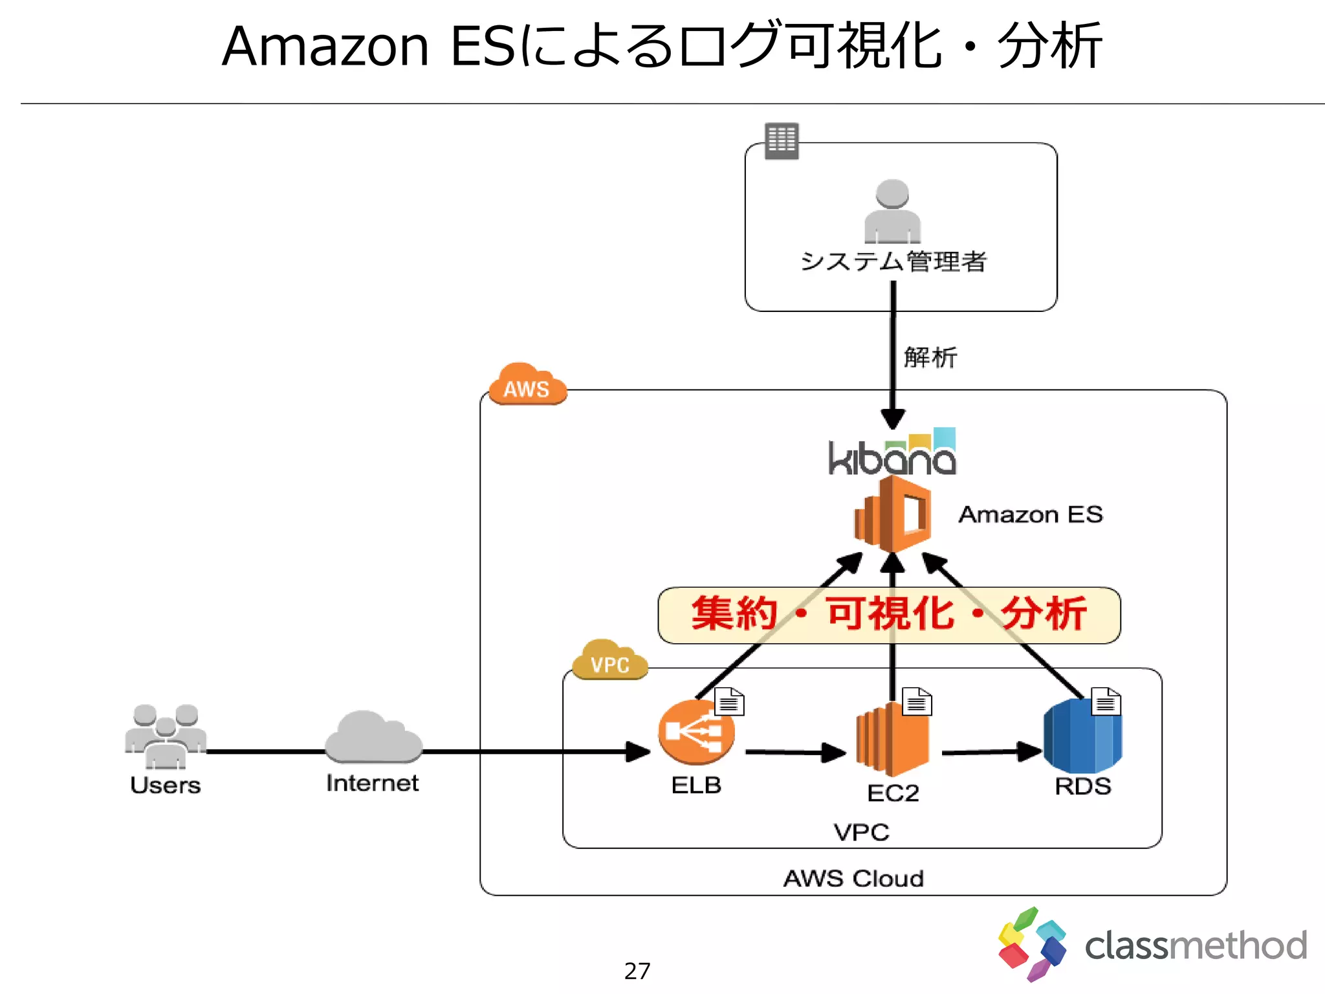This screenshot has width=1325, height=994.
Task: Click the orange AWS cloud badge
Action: coord(527,386)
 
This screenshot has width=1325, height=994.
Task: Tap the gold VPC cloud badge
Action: coord(609,661)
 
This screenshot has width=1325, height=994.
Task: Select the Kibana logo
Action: coord(892,454)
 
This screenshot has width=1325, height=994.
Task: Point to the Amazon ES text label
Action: coord(1031,514)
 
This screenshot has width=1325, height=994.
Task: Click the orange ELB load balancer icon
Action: coord(696,733)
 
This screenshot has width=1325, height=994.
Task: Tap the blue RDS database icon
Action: coord(1082,736)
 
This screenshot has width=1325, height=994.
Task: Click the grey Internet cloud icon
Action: coord(373,738)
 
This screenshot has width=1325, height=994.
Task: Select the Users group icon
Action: coord(166,736)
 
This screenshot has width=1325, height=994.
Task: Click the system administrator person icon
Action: coord(892,212)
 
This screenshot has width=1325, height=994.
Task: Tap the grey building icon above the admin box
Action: coord(782,140)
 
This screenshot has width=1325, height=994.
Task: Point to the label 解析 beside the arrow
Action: coord(930,357)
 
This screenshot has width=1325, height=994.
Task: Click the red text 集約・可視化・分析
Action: coord(889,614)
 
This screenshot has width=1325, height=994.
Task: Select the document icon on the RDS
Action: coord(1106,701)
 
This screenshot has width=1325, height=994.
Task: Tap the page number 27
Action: coord(637,971)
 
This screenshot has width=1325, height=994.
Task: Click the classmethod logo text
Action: coord(1196,945)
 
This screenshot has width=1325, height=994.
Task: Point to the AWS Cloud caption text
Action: coord(853,879)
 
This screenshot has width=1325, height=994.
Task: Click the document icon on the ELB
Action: coord(729,702)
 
